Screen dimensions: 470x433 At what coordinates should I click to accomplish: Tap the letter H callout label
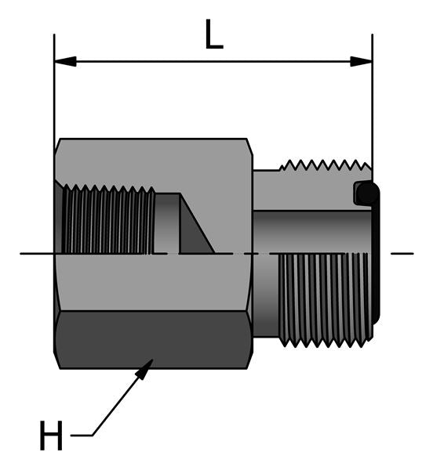tap(51, 437)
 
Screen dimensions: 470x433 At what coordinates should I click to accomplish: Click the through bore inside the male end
tap(314, 231)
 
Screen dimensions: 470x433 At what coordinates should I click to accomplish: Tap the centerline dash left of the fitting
tap(36, 253)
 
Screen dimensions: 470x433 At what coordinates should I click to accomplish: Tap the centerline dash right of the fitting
tap(400, 253)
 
